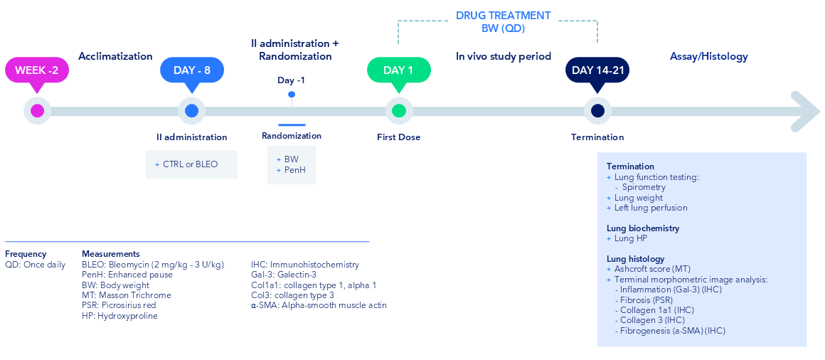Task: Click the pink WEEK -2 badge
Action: click(37, 70)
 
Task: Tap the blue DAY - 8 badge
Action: click(191, 70)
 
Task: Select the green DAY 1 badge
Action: click(399, 70)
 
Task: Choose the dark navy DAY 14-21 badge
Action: click(597, 70)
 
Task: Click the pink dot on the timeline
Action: click(37, 111)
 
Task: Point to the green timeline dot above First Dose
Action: click(399, 111)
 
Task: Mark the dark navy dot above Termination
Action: click(597, 111)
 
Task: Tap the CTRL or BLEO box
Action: click(191, 164)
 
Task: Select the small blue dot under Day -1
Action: click(292, 95)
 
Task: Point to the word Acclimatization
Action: click(116, 56)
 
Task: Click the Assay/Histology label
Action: click(709, 56)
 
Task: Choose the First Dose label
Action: click(399, 137)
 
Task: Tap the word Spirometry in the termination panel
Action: click(644, 187)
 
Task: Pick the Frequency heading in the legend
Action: click(26, 254)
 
